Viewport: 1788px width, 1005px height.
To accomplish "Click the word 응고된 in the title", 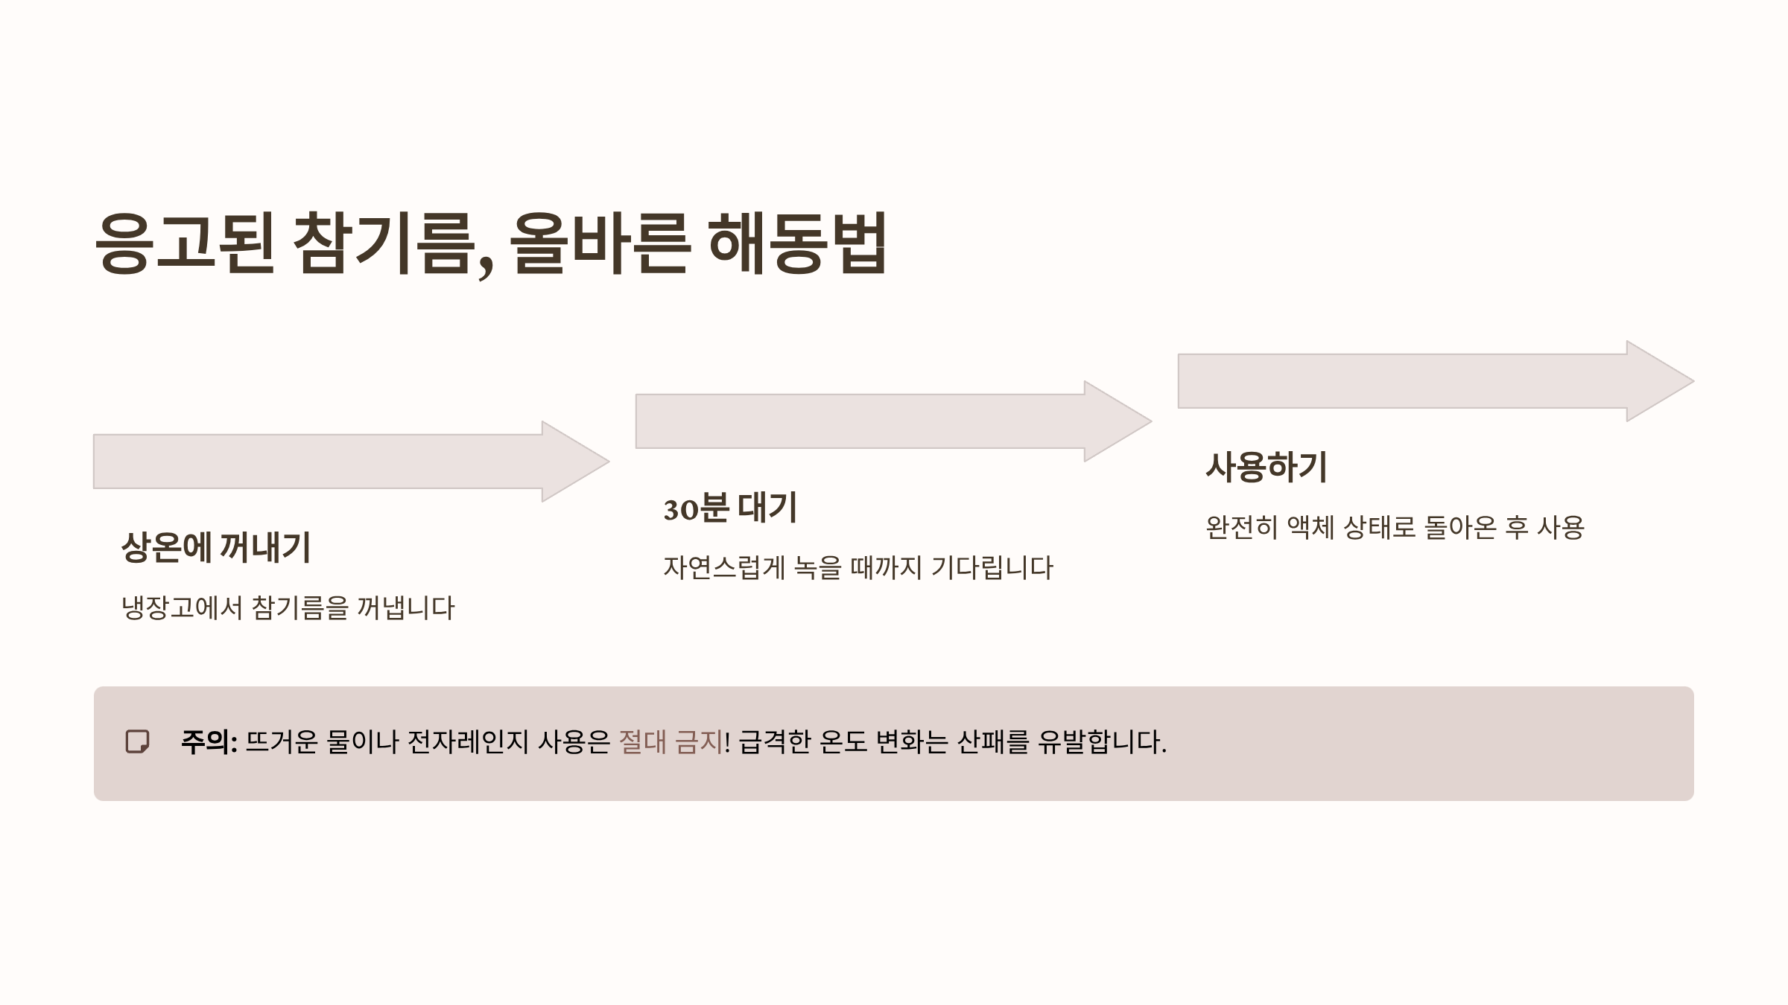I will click(x=185, y=243).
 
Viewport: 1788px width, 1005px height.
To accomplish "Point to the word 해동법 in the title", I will click(x=797, y=243).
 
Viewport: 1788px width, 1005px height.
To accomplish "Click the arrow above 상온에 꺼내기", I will click(x=350, y=462).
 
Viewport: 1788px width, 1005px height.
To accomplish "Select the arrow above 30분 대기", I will click(x=893, y=421).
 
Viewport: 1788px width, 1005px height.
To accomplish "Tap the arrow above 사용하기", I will click(x=1435, y=381).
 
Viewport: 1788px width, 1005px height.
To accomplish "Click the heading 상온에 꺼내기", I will click(x=216, y=547).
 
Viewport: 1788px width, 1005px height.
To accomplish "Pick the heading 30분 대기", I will click(x=730, y=508).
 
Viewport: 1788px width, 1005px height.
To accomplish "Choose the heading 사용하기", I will click(x=1266, y=468).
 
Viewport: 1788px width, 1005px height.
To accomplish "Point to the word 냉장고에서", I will click(x=182, y=608).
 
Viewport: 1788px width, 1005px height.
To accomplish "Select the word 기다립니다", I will click(x=992, y=568).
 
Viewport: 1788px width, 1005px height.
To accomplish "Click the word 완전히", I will click(x=1241, y=528).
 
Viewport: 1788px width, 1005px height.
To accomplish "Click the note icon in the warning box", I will click(x=137, y=742).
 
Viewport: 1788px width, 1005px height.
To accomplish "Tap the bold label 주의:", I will click(x=209, y=742).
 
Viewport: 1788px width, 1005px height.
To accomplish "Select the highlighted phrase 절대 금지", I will click(x=670, y=742).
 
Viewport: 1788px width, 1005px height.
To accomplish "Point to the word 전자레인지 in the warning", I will click(x=467, y=742).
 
